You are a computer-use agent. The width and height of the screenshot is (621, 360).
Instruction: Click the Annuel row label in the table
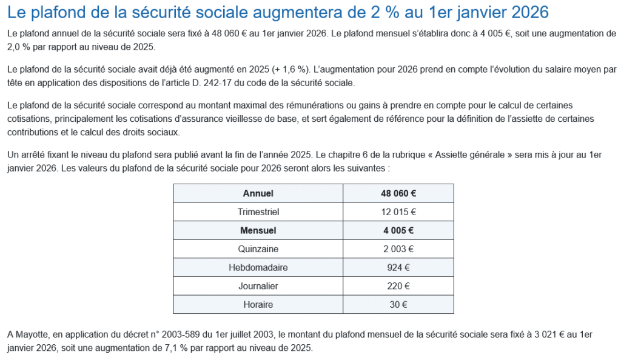pyautogui.click(x=258, y=193)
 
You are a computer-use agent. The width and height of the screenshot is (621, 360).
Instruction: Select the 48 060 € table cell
pyautogui.click(x=398, y=193)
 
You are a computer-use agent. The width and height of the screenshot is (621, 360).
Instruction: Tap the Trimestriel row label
pyautogui.click(x=258, y=212)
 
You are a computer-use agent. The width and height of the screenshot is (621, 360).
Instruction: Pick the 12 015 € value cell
pyautogui.click(x=398, y=212)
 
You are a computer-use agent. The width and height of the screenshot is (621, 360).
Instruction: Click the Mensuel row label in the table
pyautogui.click(x=258, y=230)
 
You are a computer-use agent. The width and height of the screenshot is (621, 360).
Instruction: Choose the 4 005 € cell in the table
pyautogui.click(x=398, y=230)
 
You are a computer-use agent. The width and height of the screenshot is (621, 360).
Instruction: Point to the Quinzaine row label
pyautogui.click(x=258, y=248)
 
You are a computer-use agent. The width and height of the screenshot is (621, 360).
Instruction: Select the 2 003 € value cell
pyautogui.click(x=398, y=248)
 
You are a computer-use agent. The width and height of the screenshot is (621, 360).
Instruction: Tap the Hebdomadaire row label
pyautogui.click(x=258, y=267)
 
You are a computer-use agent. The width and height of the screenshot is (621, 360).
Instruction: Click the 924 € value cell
pyautogui.click(x=398, y=267)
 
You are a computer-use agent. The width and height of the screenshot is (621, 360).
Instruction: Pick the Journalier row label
pyautogui.click(x=258, y=286)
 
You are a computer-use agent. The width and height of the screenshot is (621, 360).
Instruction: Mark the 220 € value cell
pyautogui.click(x=398, y=286)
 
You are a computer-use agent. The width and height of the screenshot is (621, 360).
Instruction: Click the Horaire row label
pyautogui.click(x=258, y=304)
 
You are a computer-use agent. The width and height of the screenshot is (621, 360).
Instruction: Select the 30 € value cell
pyautogui.click(x=398, y=304)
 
